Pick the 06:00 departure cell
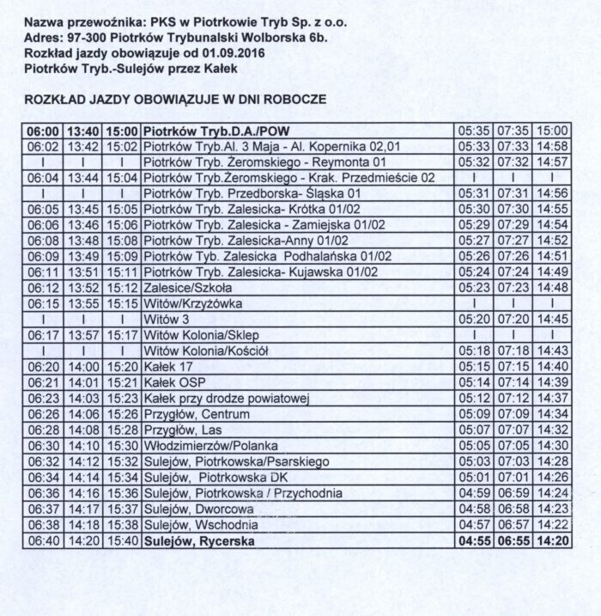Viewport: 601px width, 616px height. tap(43, 131)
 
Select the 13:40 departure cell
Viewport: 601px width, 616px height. tap(83, 131)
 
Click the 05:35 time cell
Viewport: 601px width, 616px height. tap(473, 131)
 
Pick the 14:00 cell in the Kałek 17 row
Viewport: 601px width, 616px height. tap(83, 366)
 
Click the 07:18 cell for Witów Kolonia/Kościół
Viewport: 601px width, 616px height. tap(513, 351)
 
